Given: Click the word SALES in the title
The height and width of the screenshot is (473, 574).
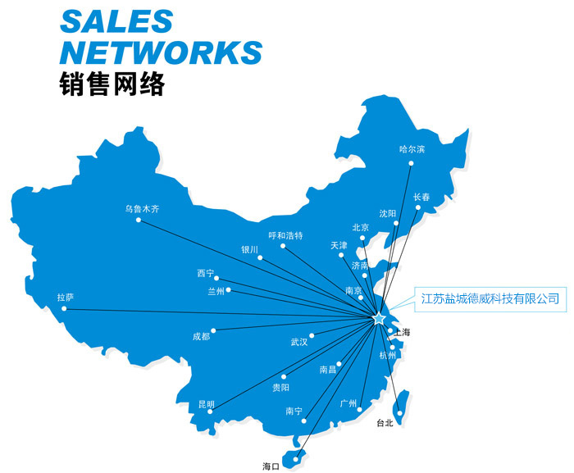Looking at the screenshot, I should point(116,22).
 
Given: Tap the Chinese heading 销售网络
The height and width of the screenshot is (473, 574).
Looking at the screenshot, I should point(112,84).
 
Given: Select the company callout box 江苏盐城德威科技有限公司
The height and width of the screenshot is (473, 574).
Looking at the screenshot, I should point(490,298).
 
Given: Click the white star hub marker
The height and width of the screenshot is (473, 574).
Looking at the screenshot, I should point(379,318).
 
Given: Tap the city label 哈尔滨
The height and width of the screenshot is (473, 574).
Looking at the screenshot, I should point(412,149).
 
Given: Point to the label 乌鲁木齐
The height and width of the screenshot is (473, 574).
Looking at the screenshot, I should point(142,209).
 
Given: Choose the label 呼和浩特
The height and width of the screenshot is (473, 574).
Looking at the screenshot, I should point(285,235).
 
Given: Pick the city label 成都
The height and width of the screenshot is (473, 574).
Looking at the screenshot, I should point(201,336).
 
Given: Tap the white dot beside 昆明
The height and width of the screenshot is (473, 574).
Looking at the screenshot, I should point(211,412).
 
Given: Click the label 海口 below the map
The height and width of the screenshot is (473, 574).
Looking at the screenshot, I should point(271,466).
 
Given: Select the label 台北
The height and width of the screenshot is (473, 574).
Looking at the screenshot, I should point(385,423).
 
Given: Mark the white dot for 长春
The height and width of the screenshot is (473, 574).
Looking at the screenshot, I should point(418,207).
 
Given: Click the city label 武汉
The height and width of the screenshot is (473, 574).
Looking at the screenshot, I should point(298,341).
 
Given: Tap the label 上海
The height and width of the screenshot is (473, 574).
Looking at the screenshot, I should point(402,332).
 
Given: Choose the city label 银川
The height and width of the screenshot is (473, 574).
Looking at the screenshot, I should point(249,249).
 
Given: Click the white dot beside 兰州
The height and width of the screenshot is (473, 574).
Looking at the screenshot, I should point(229,290).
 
